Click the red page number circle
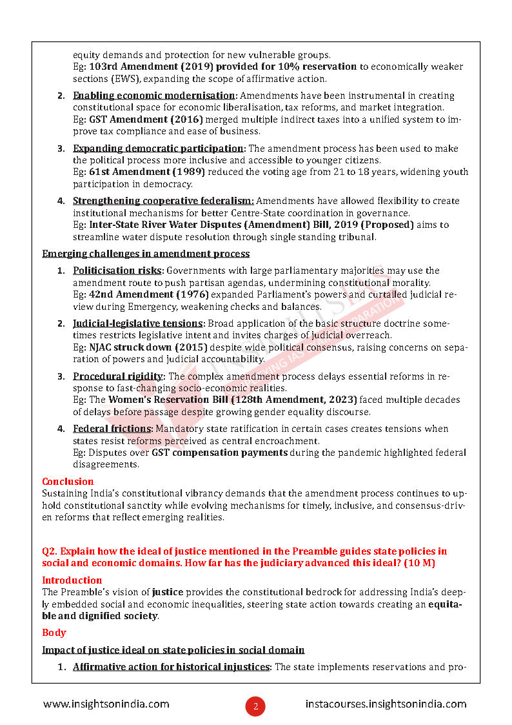[255, 706]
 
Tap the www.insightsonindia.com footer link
[106, 704]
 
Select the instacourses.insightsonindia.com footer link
[386, 704]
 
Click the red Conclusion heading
[68, 482]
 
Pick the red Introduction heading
[72, 580]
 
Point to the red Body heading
[54, 633]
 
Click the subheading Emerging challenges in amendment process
[146, 254]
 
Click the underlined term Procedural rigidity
[119, 376]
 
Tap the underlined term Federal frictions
[112, 429]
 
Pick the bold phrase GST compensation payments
[219, 453]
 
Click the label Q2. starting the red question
[51, 551]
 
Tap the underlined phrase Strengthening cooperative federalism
[163, 201]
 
